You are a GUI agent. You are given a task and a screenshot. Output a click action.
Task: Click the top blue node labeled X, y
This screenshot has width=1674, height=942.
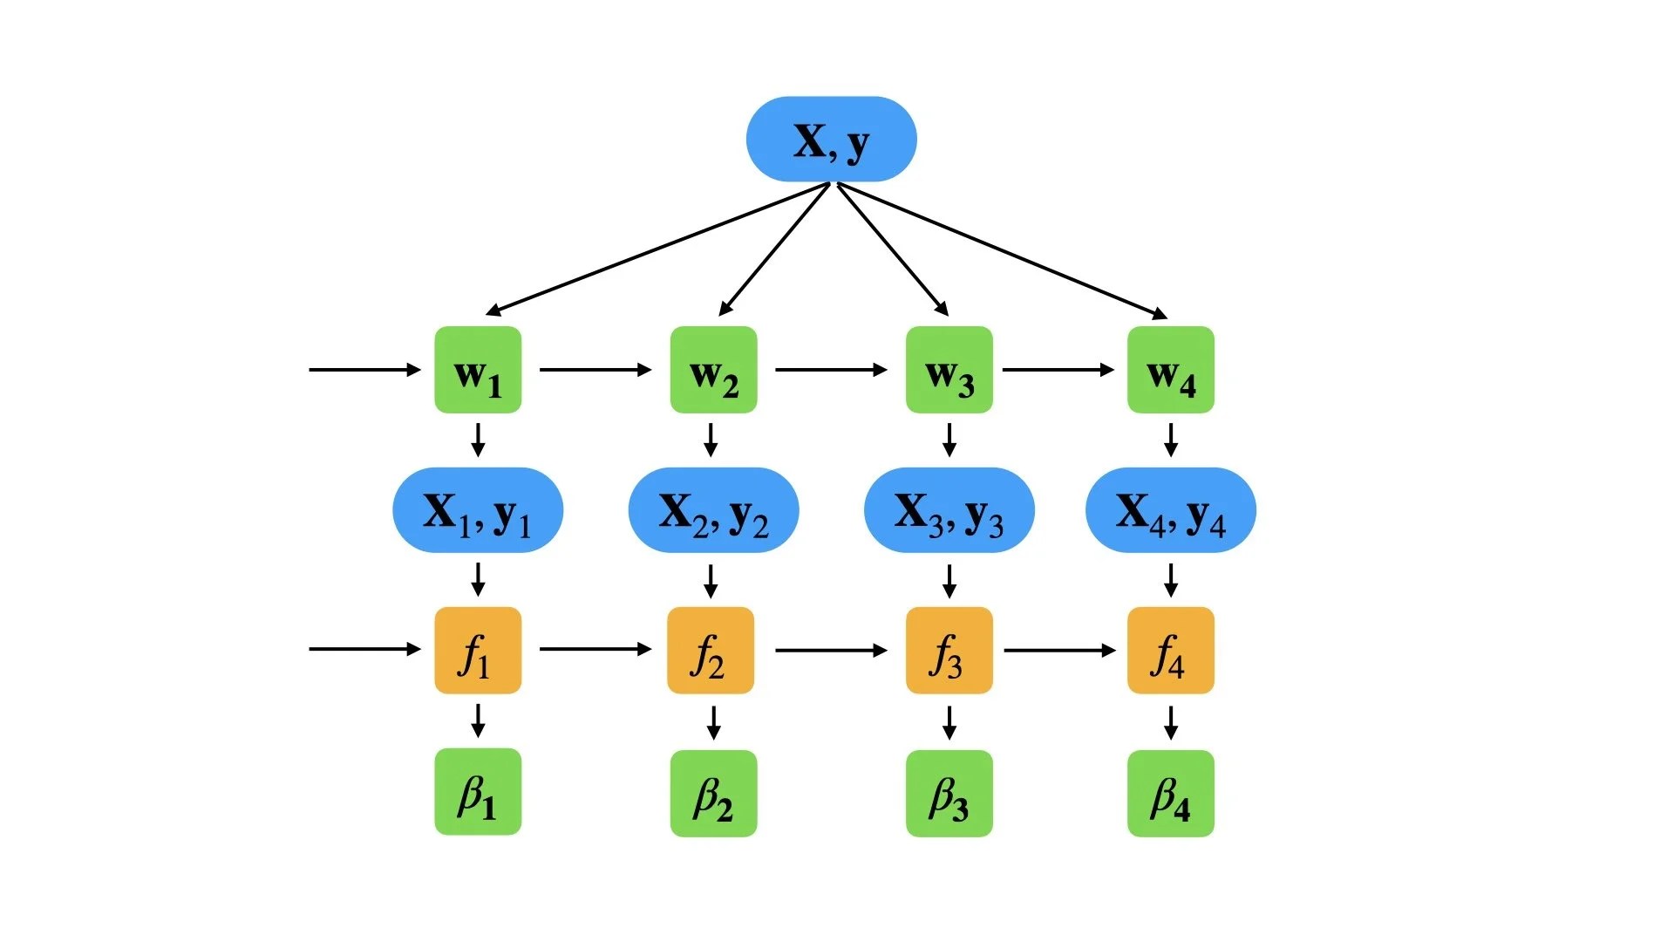831,140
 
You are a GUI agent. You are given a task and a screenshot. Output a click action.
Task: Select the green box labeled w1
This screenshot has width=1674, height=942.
478,370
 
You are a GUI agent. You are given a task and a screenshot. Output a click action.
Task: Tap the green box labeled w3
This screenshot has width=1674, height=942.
949,370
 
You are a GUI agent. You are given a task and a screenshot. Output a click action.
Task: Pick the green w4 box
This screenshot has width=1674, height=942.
1170,370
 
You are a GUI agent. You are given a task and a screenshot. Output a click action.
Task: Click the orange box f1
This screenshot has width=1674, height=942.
478,651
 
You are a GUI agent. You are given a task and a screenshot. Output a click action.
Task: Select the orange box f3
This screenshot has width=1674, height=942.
949,651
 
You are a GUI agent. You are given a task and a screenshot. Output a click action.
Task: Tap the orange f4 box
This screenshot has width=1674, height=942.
1170,651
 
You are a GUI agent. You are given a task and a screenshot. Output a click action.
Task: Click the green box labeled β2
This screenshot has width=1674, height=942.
713,793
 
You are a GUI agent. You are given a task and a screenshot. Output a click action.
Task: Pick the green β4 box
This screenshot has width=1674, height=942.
1170,793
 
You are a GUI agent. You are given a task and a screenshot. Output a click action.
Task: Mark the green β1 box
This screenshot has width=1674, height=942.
478,792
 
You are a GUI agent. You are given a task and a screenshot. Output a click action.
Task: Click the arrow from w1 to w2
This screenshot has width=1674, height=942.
595,370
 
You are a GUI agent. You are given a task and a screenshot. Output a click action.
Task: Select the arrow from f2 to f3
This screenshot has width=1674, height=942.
830,651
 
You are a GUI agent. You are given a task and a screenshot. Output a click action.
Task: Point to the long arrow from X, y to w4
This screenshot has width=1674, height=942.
1003,250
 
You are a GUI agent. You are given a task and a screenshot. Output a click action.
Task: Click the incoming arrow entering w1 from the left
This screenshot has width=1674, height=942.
364,370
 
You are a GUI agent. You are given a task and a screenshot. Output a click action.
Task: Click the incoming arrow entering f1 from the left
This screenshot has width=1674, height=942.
364,649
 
